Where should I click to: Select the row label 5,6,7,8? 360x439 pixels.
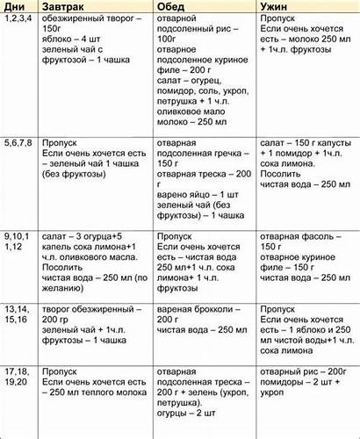click(19, 141)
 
